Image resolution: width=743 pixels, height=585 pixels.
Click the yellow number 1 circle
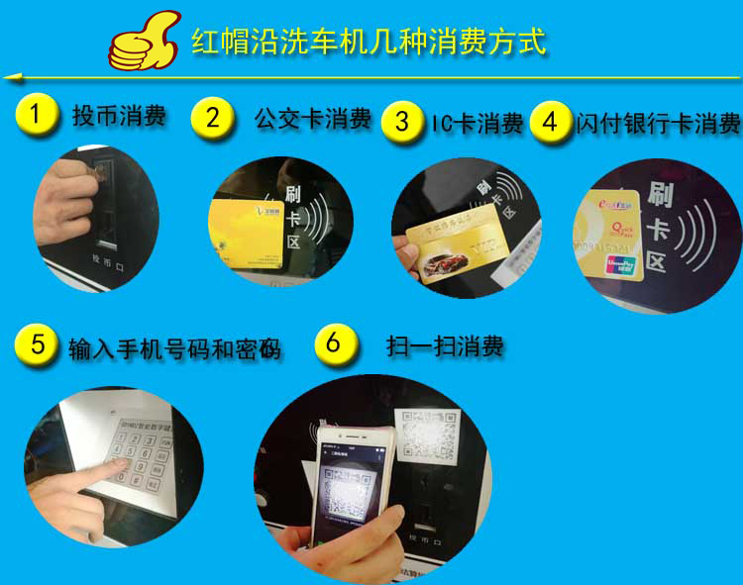coord(36,114)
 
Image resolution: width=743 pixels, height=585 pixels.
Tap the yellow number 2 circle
coord(212,117)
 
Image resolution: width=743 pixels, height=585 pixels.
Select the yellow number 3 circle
coord(401,122)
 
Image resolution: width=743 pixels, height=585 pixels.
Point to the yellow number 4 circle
coord(550,123)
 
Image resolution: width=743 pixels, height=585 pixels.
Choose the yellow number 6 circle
coord(334,343)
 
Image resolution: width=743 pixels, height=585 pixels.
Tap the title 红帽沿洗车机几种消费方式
coord(368,42)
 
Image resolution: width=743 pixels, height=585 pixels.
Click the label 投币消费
coord(119,116)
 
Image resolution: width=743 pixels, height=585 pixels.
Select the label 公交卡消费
coord(312,119)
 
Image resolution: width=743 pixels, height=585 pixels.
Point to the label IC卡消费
coord(477,124)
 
